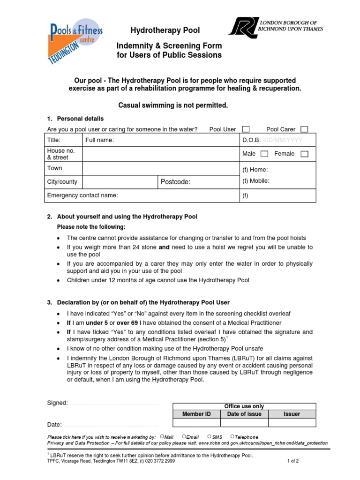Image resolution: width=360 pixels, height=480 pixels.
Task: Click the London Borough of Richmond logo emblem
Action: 242,28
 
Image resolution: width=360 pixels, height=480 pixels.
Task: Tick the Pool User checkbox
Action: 246,129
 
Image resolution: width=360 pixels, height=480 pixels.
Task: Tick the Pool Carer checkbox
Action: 304,129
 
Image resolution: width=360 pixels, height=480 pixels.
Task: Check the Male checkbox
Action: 264,154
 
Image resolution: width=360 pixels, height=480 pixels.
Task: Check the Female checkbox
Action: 304,154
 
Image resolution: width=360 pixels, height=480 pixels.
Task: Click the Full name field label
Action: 99,140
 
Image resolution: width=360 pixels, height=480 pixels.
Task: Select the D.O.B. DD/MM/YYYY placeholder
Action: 283,140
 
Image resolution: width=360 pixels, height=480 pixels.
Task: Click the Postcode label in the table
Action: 176,182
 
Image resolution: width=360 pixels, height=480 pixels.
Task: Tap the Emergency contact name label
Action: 82,195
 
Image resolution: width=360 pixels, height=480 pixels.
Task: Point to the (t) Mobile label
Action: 256,181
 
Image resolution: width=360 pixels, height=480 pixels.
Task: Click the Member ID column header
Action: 196,414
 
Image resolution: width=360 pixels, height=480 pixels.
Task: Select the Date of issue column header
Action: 244,414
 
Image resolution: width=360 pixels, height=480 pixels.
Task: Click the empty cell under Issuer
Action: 292,422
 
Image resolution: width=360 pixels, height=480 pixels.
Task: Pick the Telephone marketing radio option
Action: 232,437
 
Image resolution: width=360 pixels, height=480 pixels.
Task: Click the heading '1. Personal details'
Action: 75,119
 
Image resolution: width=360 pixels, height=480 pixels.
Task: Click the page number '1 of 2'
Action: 293,461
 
